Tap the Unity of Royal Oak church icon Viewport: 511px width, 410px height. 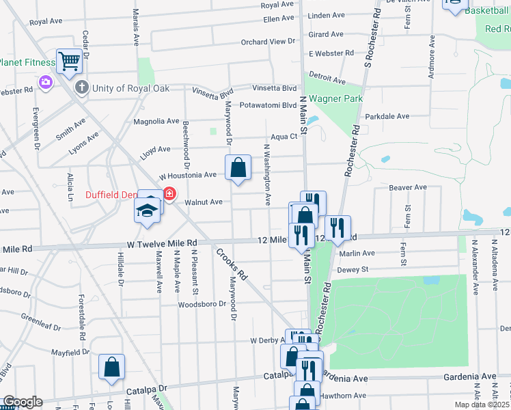(82, 87)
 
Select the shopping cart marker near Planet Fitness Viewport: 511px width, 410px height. (70, 61)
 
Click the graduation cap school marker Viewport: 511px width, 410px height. (147, 211)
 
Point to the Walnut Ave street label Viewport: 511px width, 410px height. (204, 202)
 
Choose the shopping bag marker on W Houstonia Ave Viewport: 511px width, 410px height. (238, 167)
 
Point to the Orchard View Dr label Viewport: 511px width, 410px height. (267, 42)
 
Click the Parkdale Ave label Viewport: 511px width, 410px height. (387, 117)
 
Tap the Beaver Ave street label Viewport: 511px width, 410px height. (407, 187)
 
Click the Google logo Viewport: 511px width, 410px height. (22, 402)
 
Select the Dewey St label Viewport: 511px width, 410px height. (353, 270)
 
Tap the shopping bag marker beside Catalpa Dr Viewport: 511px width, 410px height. (111, 367)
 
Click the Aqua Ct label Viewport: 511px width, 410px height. (284, 137)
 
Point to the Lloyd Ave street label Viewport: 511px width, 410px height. (154, 149)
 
